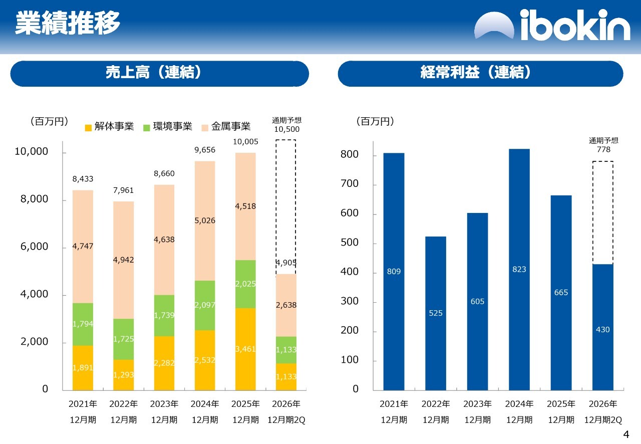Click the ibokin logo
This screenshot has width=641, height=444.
click(552, 25)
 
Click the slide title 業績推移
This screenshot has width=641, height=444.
click(68, 23)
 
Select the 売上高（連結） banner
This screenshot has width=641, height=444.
click(159, 74)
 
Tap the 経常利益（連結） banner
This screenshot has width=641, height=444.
click(480, 74)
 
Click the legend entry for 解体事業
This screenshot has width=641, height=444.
click(109, 126)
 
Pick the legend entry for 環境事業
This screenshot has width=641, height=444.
click(168, 126)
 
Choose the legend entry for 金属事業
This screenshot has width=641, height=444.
click(226, 126)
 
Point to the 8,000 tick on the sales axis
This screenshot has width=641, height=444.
click(35, 199)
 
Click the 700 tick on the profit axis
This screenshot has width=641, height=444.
click(350, 183)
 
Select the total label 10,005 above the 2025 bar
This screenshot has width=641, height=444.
click(245, 141)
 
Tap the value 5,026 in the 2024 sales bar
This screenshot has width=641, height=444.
click(205, 220)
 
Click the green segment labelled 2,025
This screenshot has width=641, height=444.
click(245, 284)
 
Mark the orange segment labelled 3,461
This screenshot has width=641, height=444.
click(245, 349)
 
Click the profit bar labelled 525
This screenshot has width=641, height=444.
click(436, 313)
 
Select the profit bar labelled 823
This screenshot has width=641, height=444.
click(519, 270)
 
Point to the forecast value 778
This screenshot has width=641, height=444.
click(603, 149)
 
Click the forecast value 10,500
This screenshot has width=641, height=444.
click(287, 129)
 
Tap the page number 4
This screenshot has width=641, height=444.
click(626, 434)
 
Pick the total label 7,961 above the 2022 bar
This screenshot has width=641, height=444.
click(123, 190)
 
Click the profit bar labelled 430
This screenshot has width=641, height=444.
click(602, 327)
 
